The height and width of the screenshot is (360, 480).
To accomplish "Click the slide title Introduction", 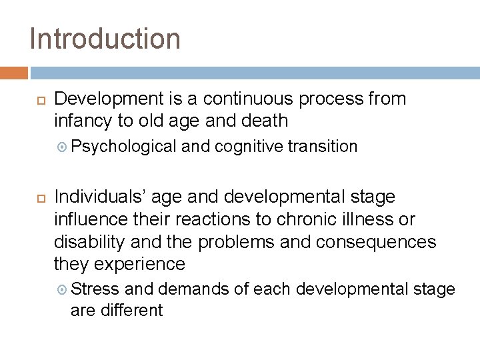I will click(105, 38).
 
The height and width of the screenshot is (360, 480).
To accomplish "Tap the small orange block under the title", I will click(14, 73).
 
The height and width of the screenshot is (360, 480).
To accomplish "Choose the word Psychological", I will click(125, 147).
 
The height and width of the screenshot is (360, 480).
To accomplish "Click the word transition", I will click(323, 146).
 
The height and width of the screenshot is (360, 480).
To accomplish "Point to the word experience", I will click(139, 265).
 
